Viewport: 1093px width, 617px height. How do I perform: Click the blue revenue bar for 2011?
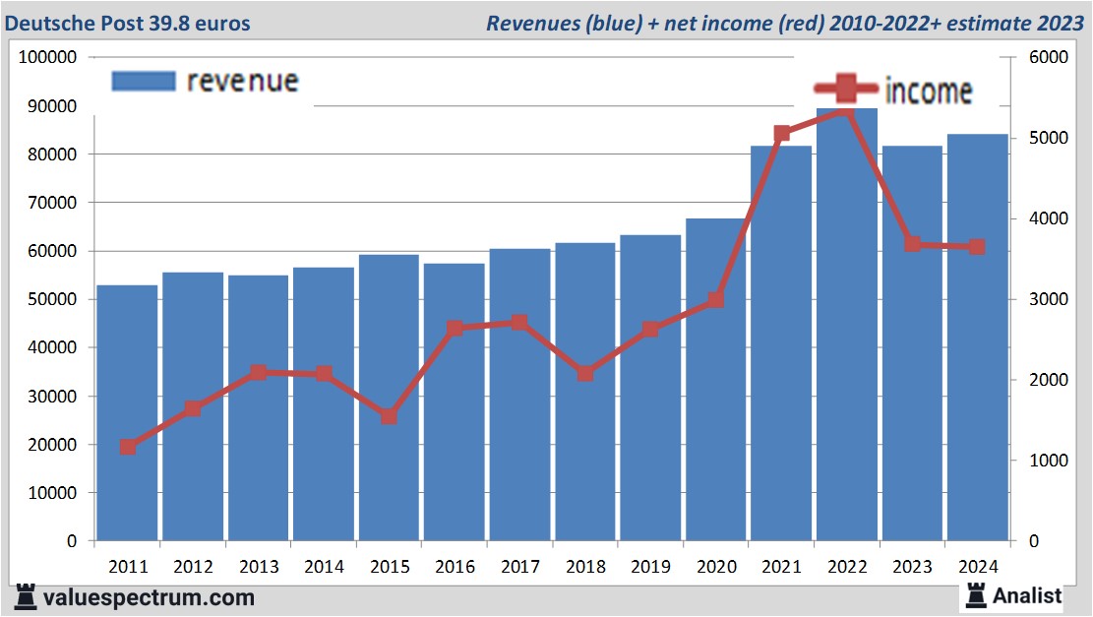coord(127,413)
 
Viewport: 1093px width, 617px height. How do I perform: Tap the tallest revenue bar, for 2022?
coord(847,325)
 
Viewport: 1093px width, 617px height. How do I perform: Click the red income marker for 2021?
coord(782,134)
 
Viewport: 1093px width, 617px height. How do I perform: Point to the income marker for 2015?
coord(389,416)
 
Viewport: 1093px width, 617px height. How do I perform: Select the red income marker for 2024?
coord(976,247)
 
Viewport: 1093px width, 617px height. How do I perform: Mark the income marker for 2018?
coord(584,374)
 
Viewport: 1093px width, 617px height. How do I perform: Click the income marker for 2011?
coord(127,448)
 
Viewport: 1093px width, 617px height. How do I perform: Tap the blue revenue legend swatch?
coord(144,81)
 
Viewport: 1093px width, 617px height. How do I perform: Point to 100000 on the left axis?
coord(48,57)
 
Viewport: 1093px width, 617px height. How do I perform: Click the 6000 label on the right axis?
coord(1048,57)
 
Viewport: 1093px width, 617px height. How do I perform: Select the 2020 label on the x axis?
coord(715,567)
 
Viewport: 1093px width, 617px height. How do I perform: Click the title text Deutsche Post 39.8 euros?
coord(128,23)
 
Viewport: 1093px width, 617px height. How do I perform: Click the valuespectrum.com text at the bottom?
coord(149,597)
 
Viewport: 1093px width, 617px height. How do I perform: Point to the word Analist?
coord(1027,595)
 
